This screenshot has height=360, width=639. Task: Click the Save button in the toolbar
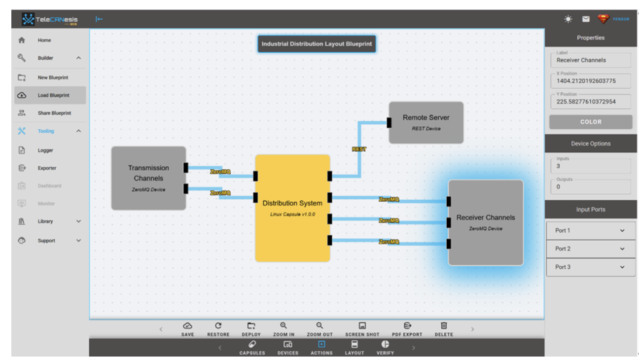(187, 329)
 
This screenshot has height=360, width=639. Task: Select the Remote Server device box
(426, 122)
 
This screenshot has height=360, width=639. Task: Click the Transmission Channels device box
(148, 178)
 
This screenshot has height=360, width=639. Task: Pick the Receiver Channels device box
(486, 222)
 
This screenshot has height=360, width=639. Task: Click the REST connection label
(359, 148)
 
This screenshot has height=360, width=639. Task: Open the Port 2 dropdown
(591, 249)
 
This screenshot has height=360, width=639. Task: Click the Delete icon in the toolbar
(443, 329)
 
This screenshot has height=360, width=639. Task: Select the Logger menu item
(45, 150)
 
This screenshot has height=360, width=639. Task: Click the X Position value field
(590, 81)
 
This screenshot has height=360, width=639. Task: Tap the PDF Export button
(407, 329)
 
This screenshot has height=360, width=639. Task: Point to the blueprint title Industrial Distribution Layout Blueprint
(317, 44)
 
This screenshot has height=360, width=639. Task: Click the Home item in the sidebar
(44, 40)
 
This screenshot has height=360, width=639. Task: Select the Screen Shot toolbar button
(362, 329)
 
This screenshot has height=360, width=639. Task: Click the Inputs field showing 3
(590, 167)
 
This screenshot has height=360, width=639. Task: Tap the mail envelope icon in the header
(586, 19)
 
